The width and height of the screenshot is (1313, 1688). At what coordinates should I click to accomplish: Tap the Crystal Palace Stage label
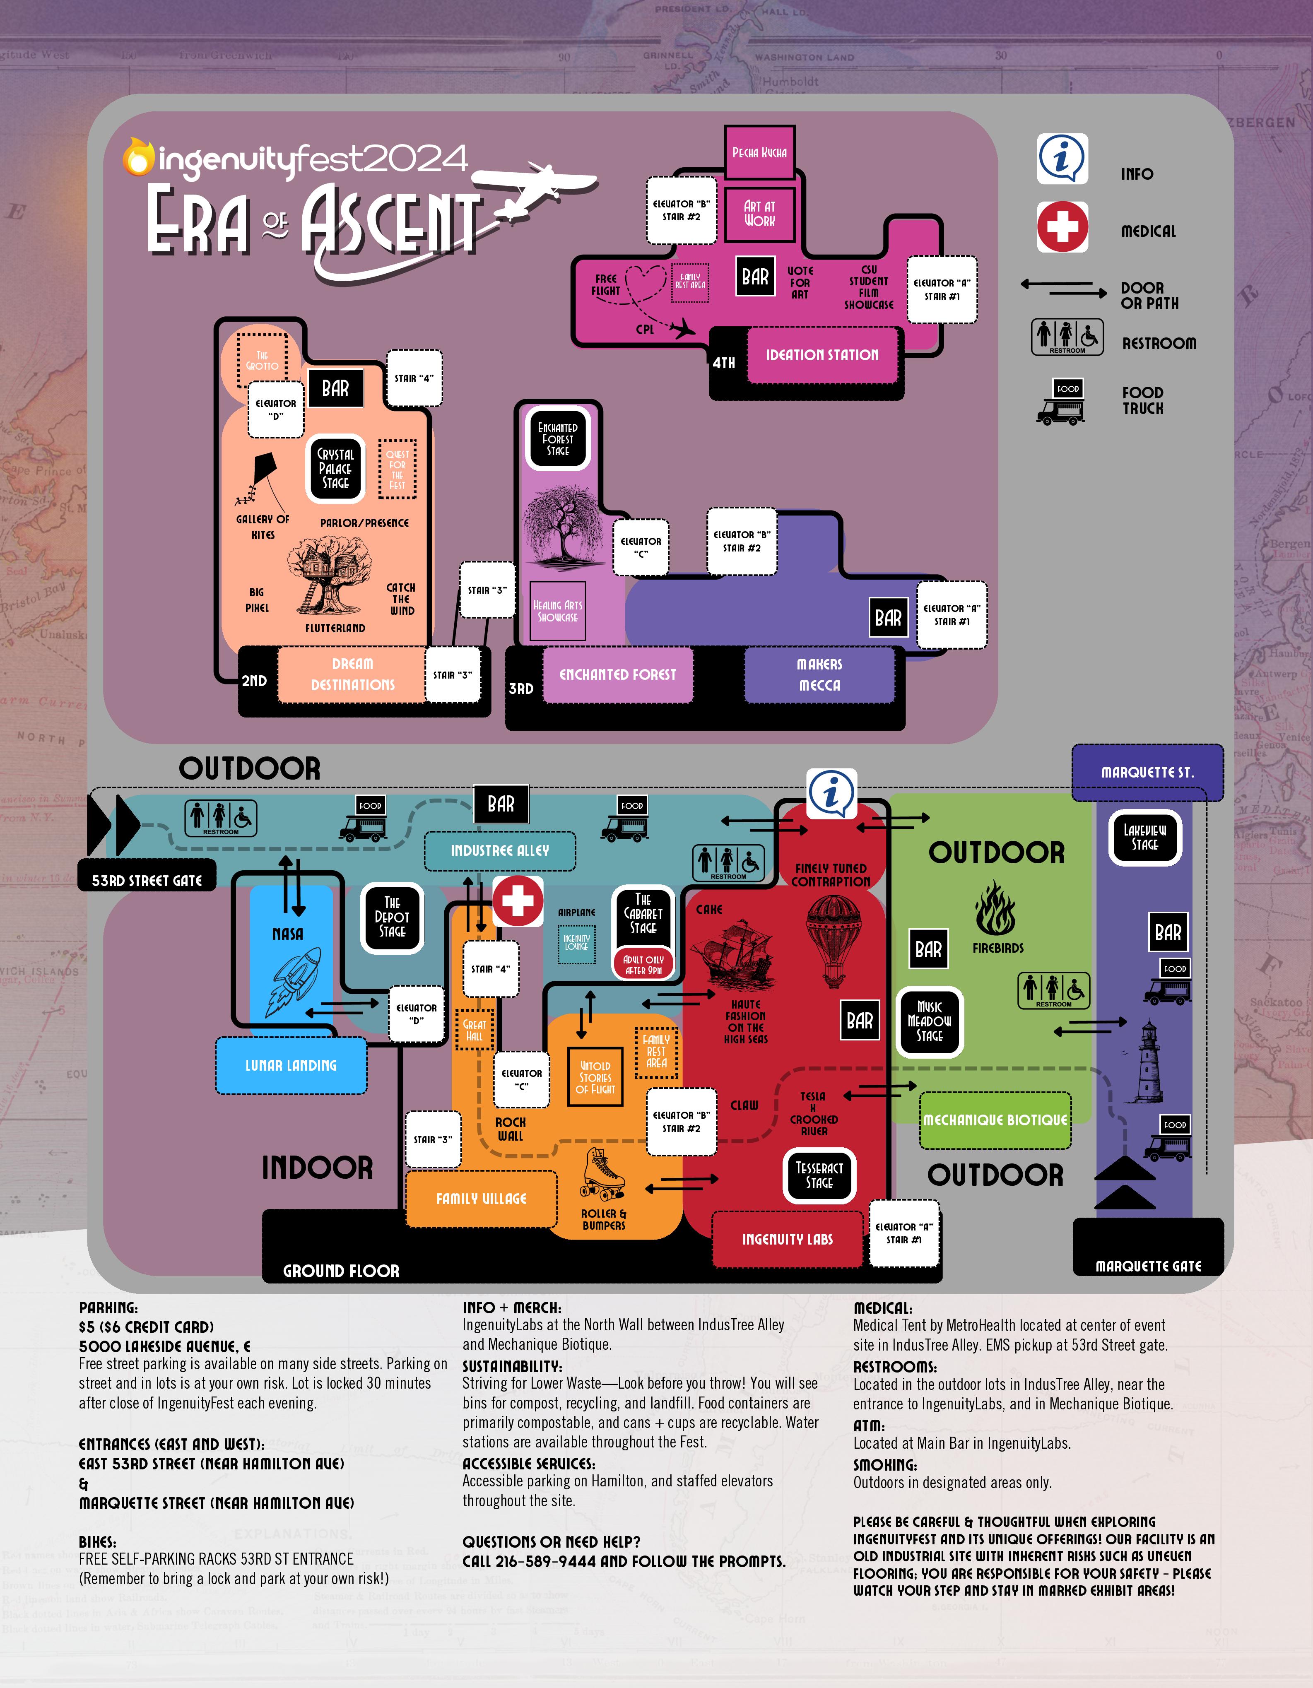335,468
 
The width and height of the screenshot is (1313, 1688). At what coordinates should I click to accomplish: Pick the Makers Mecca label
819,675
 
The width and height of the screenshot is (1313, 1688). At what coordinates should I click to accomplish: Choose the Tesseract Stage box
819,1175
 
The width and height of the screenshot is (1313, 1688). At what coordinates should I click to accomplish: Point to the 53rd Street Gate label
147,880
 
